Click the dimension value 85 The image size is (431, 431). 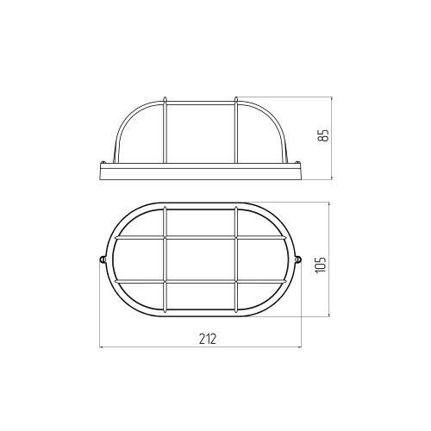pos(324,135)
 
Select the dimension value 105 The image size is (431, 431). pos(321,264)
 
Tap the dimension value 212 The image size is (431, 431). pos(208,339)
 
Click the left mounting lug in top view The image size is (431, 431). pos(103,259)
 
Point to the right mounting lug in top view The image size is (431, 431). pos(298,259)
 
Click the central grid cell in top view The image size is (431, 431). pos(201,259)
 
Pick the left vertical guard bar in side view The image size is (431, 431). pos(165,131)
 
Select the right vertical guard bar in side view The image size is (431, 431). pos(236,131)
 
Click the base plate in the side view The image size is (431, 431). pos(201,171)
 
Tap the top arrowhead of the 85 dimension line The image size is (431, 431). pos(332,99)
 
